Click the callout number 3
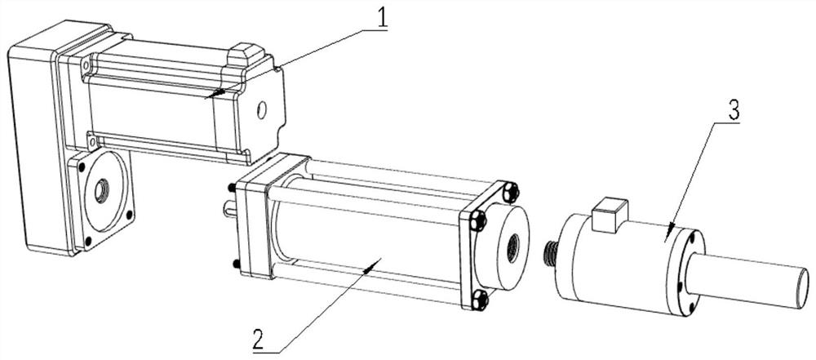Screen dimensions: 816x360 click(x=734, y=111)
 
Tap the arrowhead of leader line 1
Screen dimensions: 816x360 click(x=213, y=94)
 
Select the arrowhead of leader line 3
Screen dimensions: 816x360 click(x=670, y=232)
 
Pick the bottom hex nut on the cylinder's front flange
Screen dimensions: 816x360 click(x=480, y=300)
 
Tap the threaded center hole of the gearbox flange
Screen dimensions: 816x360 click(x=101, y=191)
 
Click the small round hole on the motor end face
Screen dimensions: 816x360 click(x=262, y=109)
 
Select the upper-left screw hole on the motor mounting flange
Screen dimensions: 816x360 click(x=86, y=65)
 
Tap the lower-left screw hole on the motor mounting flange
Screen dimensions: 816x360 click(x=91, y=140)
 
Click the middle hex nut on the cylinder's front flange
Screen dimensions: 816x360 click(x=477, y=221)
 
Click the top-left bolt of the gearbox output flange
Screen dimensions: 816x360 click(x=81, y=167)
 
